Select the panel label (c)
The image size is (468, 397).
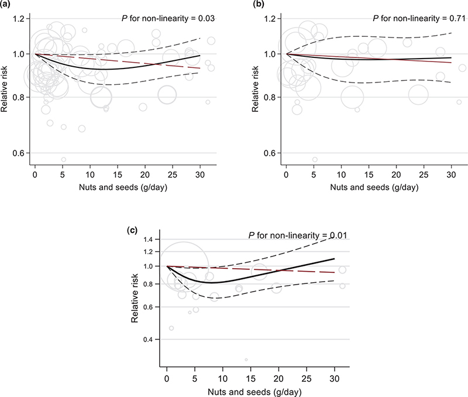click(x=133, y=230)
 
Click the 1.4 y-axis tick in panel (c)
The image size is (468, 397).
click(x=146, y=240)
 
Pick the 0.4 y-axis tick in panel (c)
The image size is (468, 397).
click(x=146, y=340)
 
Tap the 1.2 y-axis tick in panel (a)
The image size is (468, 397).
click(x=22, y=19)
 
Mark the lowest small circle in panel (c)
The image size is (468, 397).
click(x=246, y=360)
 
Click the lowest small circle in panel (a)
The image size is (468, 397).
click(x=63, y=159)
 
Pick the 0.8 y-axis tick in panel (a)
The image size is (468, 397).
click(x=22, y=97)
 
